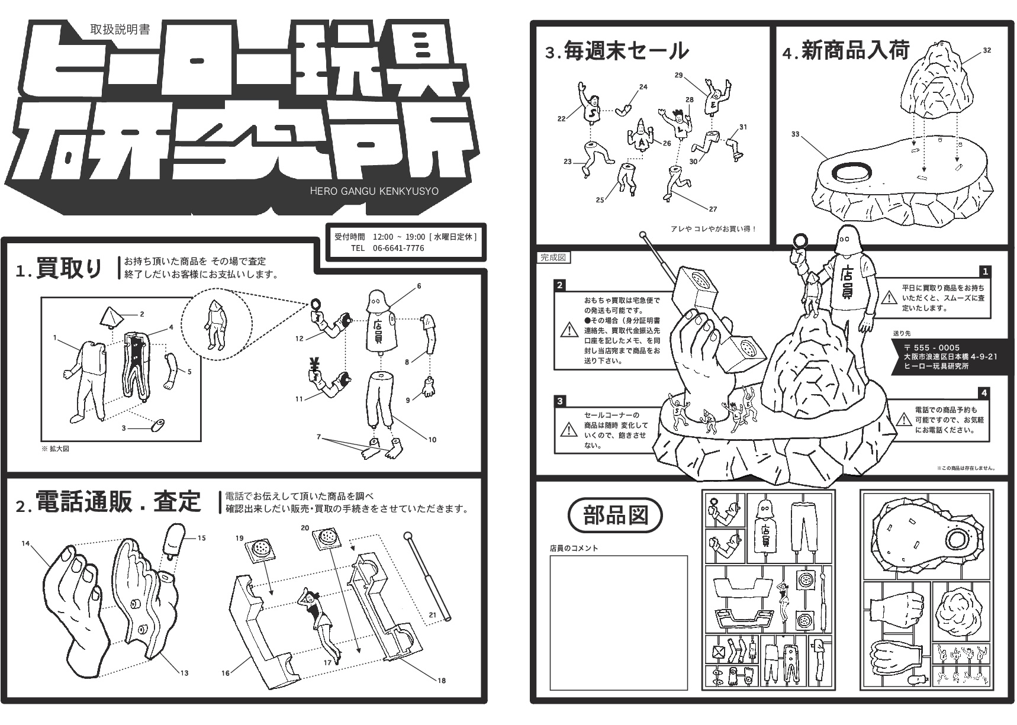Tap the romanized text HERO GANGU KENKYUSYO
point(374,191)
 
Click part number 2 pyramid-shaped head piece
point(111,318)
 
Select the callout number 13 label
point(184,673)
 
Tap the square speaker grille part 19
point(260,549)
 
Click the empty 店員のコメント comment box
point(619,623)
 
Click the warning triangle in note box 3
point(569,430)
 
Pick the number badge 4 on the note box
point(984,392)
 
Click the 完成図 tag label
point(553,257)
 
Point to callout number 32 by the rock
point(987,50)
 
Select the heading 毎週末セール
point(625,51)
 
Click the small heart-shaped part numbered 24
point(623,110)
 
